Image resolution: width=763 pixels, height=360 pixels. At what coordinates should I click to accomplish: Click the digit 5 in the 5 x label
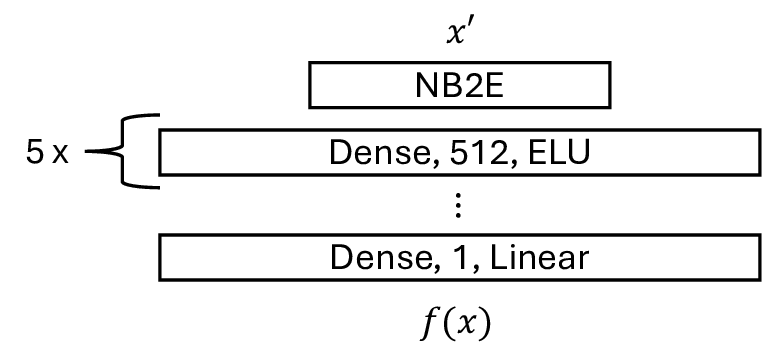tap(36, 154)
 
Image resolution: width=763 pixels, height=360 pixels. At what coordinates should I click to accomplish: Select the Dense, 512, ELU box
tap(459, 152)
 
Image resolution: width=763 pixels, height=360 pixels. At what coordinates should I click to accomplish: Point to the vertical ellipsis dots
tap(458, 206)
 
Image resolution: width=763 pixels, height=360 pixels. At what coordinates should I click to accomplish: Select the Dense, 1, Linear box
tap(459, 258)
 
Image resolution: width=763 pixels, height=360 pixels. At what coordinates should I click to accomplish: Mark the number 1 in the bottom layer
tap(426, 259)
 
